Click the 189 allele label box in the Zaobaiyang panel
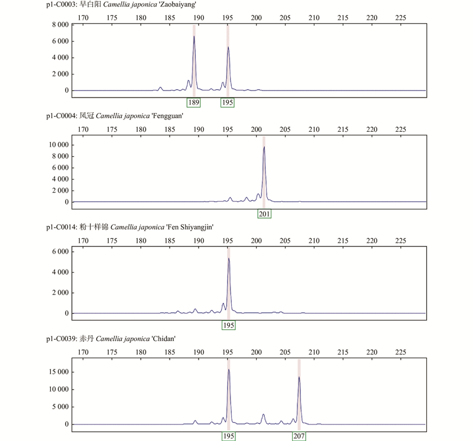coord(194,103)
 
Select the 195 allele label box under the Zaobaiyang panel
coord(228,103)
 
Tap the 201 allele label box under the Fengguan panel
coord(264,213)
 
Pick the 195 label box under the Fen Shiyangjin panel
coord(228,326)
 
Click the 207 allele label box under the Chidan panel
coord(299,436)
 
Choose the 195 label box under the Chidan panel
coord(228,436)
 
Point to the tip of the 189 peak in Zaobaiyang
coord(194,36)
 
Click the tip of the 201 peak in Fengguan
coord(264,147)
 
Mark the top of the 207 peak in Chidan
coord(299,377)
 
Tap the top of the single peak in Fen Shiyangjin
coord(228,258)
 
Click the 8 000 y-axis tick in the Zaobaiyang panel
coord(60,25)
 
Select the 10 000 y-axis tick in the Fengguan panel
coord(58,145)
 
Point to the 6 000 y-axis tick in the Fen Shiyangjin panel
coord(60,252)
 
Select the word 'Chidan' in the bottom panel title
coord(164,339)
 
